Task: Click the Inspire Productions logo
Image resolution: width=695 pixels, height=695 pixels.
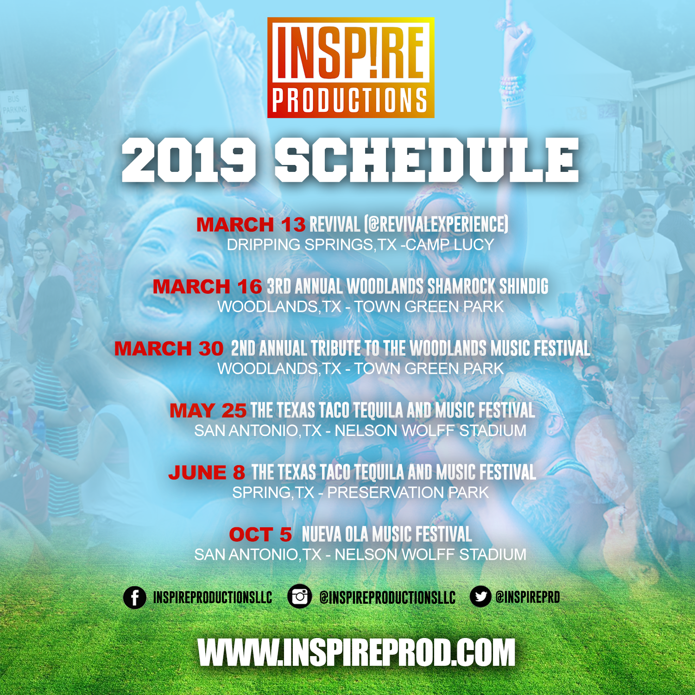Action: tap(351, 68)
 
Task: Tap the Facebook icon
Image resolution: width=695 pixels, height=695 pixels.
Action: tap(135, 597)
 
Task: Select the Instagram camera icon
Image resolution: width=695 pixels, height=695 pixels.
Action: tap(299, 596)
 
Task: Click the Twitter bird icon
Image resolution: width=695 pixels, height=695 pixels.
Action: tap(480, 596)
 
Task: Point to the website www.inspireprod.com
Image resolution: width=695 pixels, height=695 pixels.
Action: tap(356, 652)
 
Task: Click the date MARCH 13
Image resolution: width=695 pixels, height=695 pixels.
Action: tap(251, 225)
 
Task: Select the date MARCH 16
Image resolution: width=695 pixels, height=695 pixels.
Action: tap(207, 287)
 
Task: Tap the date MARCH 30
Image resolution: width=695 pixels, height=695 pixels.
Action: tap(169, 349)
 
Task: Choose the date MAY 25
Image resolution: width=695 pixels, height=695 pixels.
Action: tap(208, 411)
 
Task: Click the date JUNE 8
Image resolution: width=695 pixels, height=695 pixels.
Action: tap(207, 473)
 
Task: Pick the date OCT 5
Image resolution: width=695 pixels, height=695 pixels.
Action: tap(260, 535)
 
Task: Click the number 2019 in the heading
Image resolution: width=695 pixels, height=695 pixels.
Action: tap(189, 160)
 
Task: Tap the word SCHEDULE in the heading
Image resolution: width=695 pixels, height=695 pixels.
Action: tap(427, 160)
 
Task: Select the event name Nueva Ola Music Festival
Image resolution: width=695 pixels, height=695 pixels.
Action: tap(387, 535)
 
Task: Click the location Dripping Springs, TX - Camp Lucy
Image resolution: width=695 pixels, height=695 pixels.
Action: tap(360, 245)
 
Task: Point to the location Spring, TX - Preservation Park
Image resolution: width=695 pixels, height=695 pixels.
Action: tap(360, 493)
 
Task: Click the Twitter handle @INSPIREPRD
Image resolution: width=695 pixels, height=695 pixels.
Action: tap(527, 597)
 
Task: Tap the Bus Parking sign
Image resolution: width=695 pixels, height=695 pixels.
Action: tap(15, 110)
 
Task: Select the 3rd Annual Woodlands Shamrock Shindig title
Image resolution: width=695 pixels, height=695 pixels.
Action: tap(407, 287)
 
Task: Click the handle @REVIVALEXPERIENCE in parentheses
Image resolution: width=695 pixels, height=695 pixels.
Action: tap(436, 225)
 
